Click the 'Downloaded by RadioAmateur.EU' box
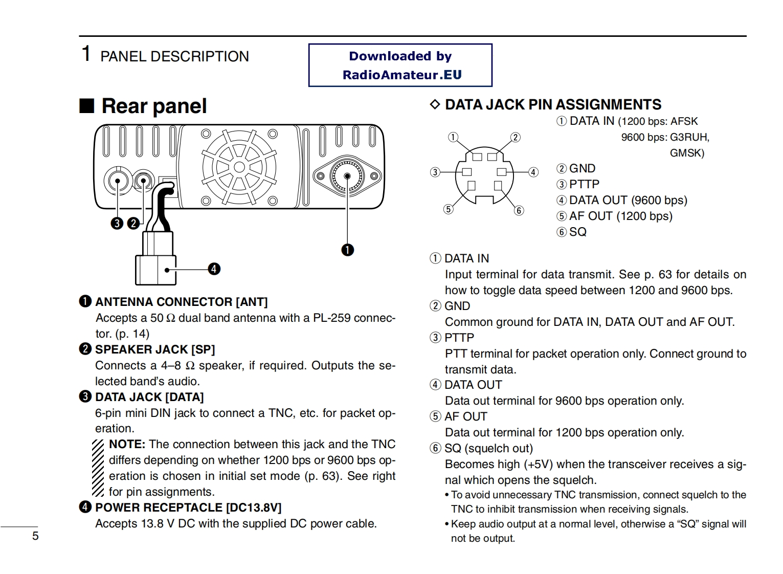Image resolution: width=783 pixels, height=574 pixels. (400, 65)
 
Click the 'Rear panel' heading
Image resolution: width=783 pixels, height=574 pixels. (154, 106)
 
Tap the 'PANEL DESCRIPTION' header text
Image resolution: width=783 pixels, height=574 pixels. (174, 56)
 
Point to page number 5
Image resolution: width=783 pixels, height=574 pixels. (35, 536)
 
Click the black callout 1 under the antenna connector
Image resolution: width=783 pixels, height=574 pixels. (348, 250)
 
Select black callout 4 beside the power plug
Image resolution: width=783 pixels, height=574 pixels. (214, 269)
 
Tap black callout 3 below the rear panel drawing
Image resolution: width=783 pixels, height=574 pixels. (117, 224)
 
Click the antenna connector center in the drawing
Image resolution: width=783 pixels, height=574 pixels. (347, 176)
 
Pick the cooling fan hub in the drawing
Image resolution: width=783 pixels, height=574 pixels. (239, 167)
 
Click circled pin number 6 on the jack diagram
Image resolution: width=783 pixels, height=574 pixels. (519, 210)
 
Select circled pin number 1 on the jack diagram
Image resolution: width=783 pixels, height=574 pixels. (453, 137)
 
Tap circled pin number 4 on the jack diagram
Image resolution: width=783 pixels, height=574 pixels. (533, 172)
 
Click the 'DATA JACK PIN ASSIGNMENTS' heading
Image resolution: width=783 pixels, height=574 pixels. (553, 105)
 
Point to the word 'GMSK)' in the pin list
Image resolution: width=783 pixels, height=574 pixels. (687, 153)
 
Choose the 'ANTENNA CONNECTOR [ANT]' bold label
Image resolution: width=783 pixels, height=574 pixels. (181, 302)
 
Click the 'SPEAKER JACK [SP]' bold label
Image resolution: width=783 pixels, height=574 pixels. (155, 349)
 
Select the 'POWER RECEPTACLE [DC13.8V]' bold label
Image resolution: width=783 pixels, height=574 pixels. (188, 507)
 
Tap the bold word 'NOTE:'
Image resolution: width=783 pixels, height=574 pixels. (127, 445)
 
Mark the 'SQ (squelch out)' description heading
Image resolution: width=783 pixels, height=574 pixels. (488, 449)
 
